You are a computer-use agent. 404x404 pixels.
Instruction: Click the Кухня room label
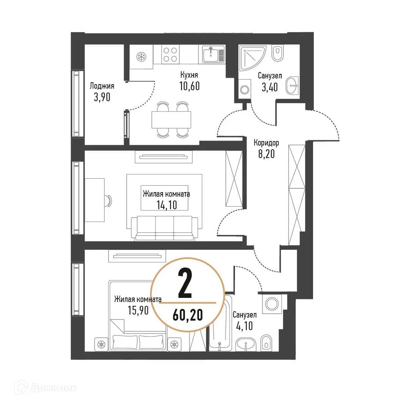pos(189,75)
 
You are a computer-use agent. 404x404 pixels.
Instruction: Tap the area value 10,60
pos(189,86)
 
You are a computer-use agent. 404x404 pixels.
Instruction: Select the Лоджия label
pos(102,86)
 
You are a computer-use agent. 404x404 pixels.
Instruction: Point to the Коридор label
pos(266,143)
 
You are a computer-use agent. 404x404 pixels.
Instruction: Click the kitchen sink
pos(211,54)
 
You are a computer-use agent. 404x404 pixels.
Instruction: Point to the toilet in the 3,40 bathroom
pos(278,53)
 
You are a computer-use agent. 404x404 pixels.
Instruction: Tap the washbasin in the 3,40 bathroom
pos(292,86)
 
